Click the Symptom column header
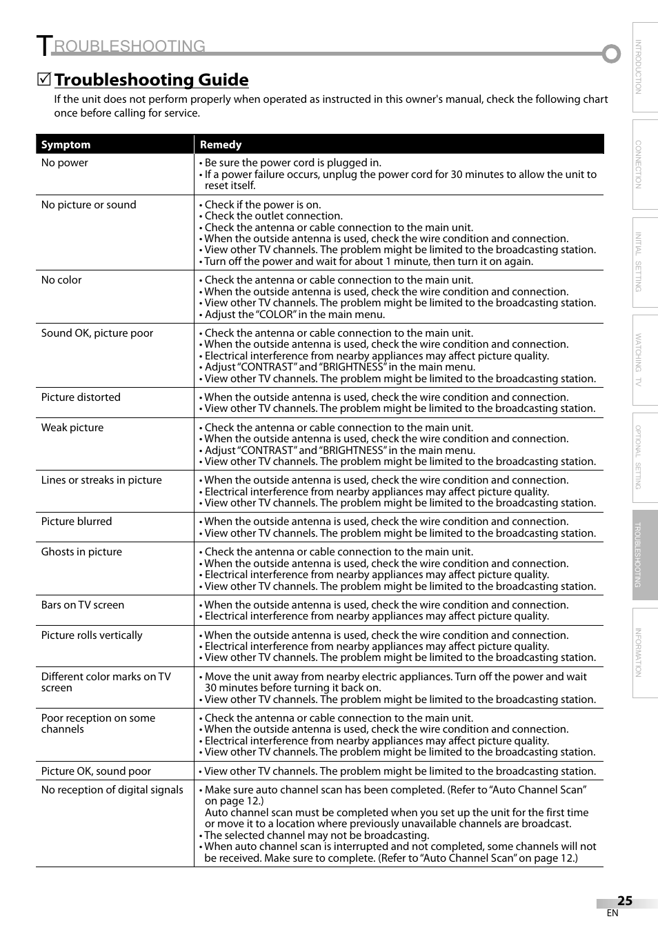(66, 145)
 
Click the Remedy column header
(221, 145)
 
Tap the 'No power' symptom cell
(65, 163)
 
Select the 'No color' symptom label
(61, 280)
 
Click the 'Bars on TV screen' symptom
(83, 605)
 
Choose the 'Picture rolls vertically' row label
(92, 635)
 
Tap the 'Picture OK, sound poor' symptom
(96, 771)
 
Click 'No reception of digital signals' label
(112, 790)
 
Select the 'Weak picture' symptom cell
(72, 428)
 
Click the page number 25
(624, 901)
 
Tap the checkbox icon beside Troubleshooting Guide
(43, 80)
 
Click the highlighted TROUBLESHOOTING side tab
(644, 555)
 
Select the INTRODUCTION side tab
(644, 67)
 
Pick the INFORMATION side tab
(644, 653)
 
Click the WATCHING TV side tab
(644, 359)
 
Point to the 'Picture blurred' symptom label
(77, 522)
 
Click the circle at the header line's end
(610, 54)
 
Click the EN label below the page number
(612, 913)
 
